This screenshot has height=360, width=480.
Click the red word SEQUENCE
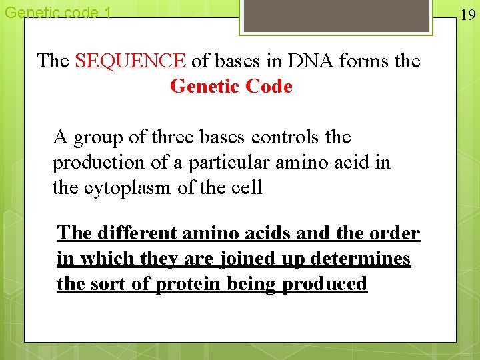131,61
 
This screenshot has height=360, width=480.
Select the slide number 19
468,15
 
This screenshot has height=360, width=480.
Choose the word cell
246,188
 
